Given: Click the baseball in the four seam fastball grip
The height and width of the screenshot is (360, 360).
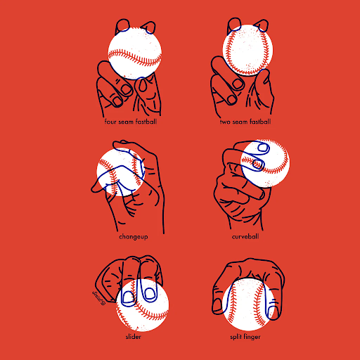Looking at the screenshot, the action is (x=135, y=53).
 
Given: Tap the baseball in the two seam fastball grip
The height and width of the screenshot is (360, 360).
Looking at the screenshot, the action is (x=247, y=50).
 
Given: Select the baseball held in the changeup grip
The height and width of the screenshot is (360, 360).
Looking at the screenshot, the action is (x=120, y=172).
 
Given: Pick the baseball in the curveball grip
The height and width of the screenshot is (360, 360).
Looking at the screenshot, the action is (x=265, y=163).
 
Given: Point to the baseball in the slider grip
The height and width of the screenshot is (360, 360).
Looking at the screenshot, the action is (x=142, y=305).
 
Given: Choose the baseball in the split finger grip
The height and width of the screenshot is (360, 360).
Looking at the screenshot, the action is (x=249, y=304).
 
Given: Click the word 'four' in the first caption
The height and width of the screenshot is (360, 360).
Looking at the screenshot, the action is (x=110, y=122).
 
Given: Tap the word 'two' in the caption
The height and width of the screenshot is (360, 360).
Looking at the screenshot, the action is (x=225, y=122).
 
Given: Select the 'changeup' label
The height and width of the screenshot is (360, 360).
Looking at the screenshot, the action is (x=134, y=237).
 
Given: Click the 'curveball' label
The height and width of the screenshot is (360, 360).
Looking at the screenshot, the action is (x=245, y=236).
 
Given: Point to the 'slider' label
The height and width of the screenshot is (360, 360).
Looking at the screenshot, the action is (x=134, y=337).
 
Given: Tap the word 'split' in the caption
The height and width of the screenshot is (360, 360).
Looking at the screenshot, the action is (x=236, y=337).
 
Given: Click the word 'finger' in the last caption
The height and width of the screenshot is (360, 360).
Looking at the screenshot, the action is (x=252, y=337).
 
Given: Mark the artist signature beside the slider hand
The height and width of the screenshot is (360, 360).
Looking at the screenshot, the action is (x=98, y=297).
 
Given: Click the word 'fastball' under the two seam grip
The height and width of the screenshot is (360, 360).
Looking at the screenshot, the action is (x=260, y=122).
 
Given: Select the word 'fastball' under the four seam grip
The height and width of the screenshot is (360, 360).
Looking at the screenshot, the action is (x=146, y=122).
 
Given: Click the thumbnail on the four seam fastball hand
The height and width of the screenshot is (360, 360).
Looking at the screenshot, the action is (x=142, y=85).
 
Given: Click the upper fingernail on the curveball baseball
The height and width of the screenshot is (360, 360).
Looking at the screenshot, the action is (x=263, y=148).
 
